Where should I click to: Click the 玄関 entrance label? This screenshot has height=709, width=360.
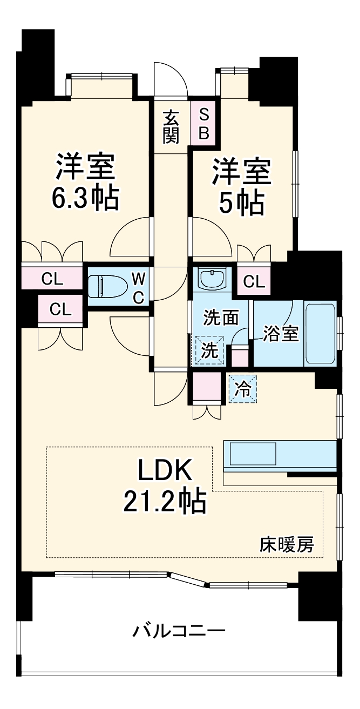click(x=171, y=126)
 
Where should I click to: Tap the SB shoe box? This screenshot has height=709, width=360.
click(x=203, y=124)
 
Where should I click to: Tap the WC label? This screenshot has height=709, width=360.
click(x=139, y=287)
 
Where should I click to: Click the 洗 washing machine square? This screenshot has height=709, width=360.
click(x=209, y=350)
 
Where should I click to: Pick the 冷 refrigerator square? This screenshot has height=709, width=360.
click(x=243, y=389)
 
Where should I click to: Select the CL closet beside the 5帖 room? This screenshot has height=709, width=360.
click(x=254, y=281)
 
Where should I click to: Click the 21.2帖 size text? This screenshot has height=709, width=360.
click(x=164, y=501)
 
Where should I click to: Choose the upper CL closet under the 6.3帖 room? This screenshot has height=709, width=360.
click(x=53, y=279)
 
